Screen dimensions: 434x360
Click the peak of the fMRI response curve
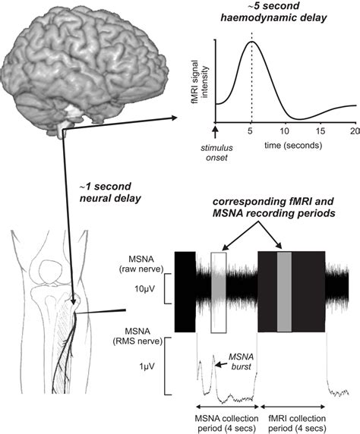tap(252, 42)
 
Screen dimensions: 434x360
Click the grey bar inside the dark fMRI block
tap(284, 291)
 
